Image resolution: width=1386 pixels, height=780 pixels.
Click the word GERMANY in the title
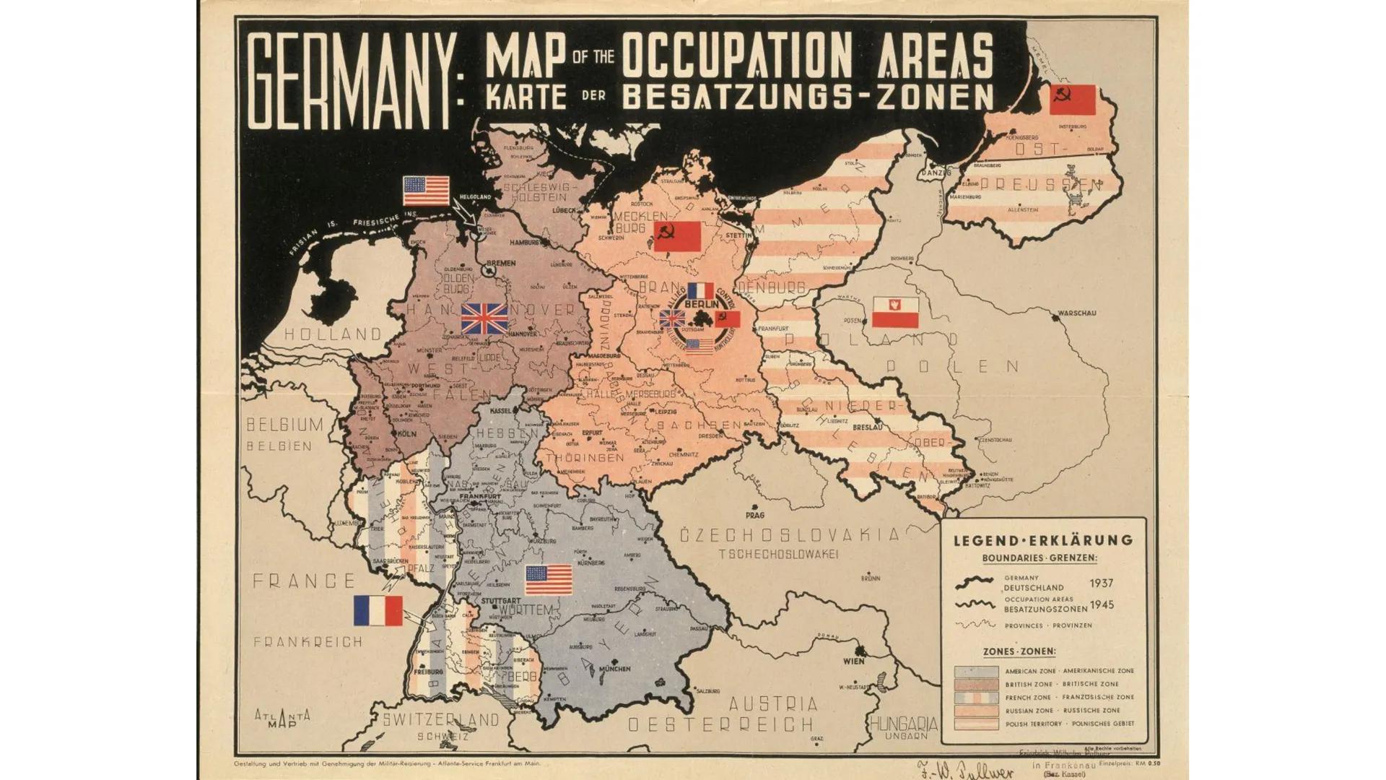pos(352,81)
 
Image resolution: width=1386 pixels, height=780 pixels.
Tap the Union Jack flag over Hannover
pos(484,318)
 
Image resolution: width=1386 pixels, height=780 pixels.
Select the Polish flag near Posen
pos(895,312)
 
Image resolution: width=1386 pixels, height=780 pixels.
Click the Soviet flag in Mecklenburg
pos(677,236)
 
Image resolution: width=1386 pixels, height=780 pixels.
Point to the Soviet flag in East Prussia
pos(1072,100)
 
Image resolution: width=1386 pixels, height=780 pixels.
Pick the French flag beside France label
pos(378,611)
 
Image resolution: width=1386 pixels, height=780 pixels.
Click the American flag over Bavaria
pos(549,580)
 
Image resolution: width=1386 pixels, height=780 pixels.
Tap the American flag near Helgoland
pos(426,191)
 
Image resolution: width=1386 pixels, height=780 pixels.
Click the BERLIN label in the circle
pos(701,305)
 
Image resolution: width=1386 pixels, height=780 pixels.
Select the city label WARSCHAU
pos(1076,313)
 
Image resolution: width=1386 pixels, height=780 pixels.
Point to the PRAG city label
pos(754,516)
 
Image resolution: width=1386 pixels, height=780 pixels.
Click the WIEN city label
pos(853,661)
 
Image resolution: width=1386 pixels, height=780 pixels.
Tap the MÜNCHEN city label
pos(614,669)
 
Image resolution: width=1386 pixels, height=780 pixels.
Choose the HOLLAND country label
pos(333,334)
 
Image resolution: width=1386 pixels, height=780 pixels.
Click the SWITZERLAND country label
pos(440,720)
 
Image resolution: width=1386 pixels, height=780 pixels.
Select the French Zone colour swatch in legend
pos(976,698)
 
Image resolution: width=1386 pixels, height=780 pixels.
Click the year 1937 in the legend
pos(1102,583)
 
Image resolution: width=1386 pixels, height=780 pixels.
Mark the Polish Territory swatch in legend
pos(976,724)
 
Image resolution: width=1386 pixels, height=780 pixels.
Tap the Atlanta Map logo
pos(282,719)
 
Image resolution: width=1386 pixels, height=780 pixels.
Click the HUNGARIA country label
pos(904,724)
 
